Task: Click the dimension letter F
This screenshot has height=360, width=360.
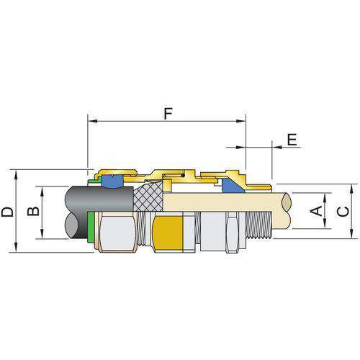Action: (x=168, y=114)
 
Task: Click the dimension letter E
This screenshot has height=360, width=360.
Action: (x=292, y=140)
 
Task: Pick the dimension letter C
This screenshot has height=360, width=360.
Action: (x=343, y=212)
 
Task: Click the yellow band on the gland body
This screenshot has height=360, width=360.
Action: (x=168, y=233)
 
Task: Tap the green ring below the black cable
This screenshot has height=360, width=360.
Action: (x=91, y=228)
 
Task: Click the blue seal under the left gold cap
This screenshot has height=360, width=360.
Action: (x=112, y=181)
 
